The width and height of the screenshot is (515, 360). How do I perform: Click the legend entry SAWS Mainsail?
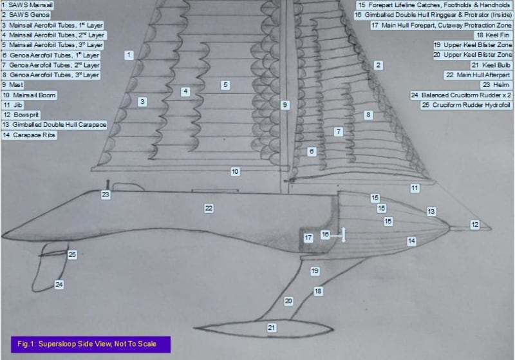[x=27, y=5]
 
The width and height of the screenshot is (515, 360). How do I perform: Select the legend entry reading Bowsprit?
[x=21, y=115]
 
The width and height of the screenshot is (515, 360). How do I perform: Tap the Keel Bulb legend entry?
[x=491, y=65]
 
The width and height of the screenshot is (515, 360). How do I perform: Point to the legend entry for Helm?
[x=496, y=85]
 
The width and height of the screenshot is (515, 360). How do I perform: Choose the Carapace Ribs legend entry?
[x=29, y=135]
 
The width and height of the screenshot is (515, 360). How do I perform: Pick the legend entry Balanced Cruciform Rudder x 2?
[x=461, y=95]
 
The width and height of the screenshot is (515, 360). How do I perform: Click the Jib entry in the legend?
[x=13, y=105]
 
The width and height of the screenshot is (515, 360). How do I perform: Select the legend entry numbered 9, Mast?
[x=13, y=85]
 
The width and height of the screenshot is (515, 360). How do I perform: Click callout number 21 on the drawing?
[x=271, y=328]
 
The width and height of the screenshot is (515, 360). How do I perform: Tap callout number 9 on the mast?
[x=285, y=105]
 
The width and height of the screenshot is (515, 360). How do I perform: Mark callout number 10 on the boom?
[x=235, y=172]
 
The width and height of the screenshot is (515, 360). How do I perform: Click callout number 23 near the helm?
[x=106, y=194]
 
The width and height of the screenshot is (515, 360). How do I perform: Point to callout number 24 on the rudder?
[x=59, y=285]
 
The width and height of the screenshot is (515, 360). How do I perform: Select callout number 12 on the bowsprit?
[x=475, y=225]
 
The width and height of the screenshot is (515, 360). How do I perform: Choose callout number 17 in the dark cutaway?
[x=308, y=238]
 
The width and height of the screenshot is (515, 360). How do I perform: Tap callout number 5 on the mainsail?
[x=225, y=85]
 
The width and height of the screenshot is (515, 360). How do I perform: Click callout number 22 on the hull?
[x=209, y=208]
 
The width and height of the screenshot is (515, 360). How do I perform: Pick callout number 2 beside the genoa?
[x=379, y=65]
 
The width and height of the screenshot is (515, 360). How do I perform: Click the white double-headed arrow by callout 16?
[x=344, y=235]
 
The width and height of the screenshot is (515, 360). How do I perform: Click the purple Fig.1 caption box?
[x=91, y=345]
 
